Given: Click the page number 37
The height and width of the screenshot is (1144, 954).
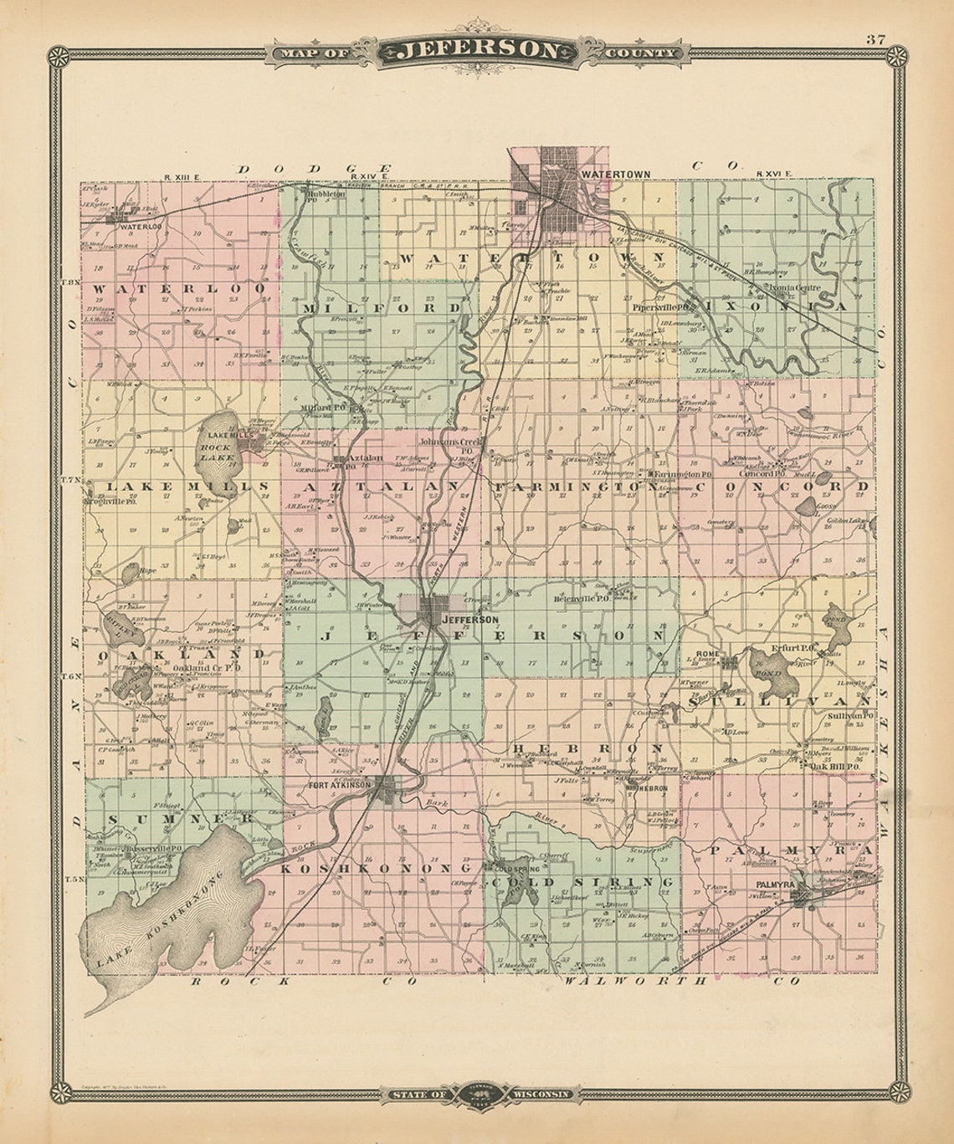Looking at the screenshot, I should (876, 38).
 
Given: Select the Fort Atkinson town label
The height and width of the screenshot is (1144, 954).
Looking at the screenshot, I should (339, 785).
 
